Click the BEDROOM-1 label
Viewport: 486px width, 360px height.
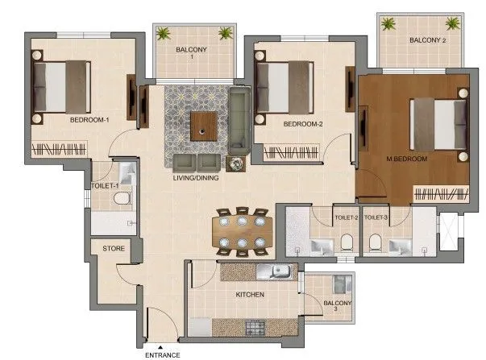pos(89,120)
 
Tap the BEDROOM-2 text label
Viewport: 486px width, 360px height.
pos(303,124)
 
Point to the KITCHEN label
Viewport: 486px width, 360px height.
pos(250,295)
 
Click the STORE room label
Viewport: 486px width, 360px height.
pos(114,249)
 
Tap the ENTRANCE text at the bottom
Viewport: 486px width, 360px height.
pos(162,354)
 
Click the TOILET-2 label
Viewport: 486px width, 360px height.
pos(346,217)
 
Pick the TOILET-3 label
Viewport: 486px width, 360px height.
pos(376,217)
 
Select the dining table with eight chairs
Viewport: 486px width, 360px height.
pos(241,232)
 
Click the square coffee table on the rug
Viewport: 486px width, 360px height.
pos(203,125)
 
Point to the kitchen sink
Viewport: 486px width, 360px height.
pos(279,273)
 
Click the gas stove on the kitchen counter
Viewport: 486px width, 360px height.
pos(255,327)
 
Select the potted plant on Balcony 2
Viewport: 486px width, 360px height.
pos(389,23)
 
